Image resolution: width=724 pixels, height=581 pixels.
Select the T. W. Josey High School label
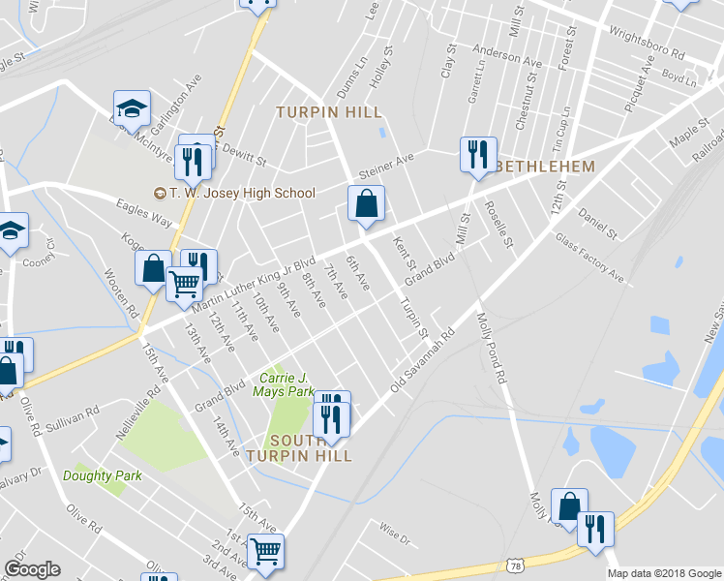238,193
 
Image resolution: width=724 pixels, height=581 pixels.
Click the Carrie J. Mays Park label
284,384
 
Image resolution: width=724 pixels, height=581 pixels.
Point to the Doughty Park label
103,475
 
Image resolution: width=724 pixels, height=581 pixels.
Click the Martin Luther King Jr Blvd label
254,284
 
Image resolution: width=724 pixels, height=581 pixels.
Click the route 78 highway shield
515,563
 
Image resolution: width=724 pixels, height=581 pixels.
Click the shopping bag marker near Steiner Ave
366,204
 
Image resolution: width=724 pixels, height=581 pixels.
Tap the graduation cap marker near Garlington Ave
133,108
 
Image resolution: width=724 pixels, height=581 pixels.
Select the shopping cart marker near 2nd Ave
265,551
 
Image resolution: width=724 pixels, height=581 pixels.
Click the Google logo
32,569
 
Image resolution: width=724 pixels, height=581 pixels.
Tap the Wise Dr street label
395,531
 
